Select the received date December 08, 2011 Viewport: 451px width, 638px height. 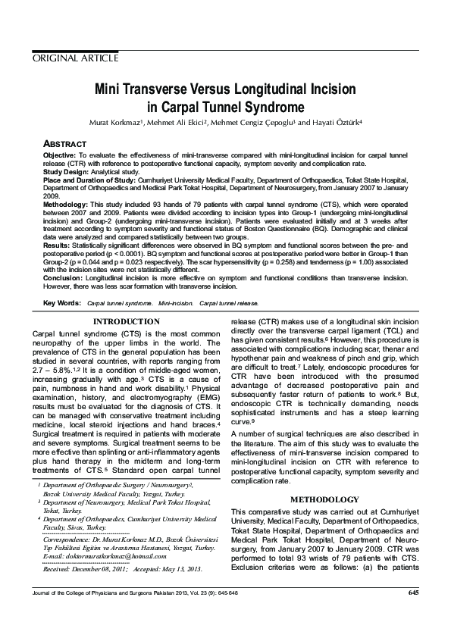(x=96, y=569)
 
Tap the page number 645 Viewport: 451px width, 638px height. (x=413, y=592)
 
